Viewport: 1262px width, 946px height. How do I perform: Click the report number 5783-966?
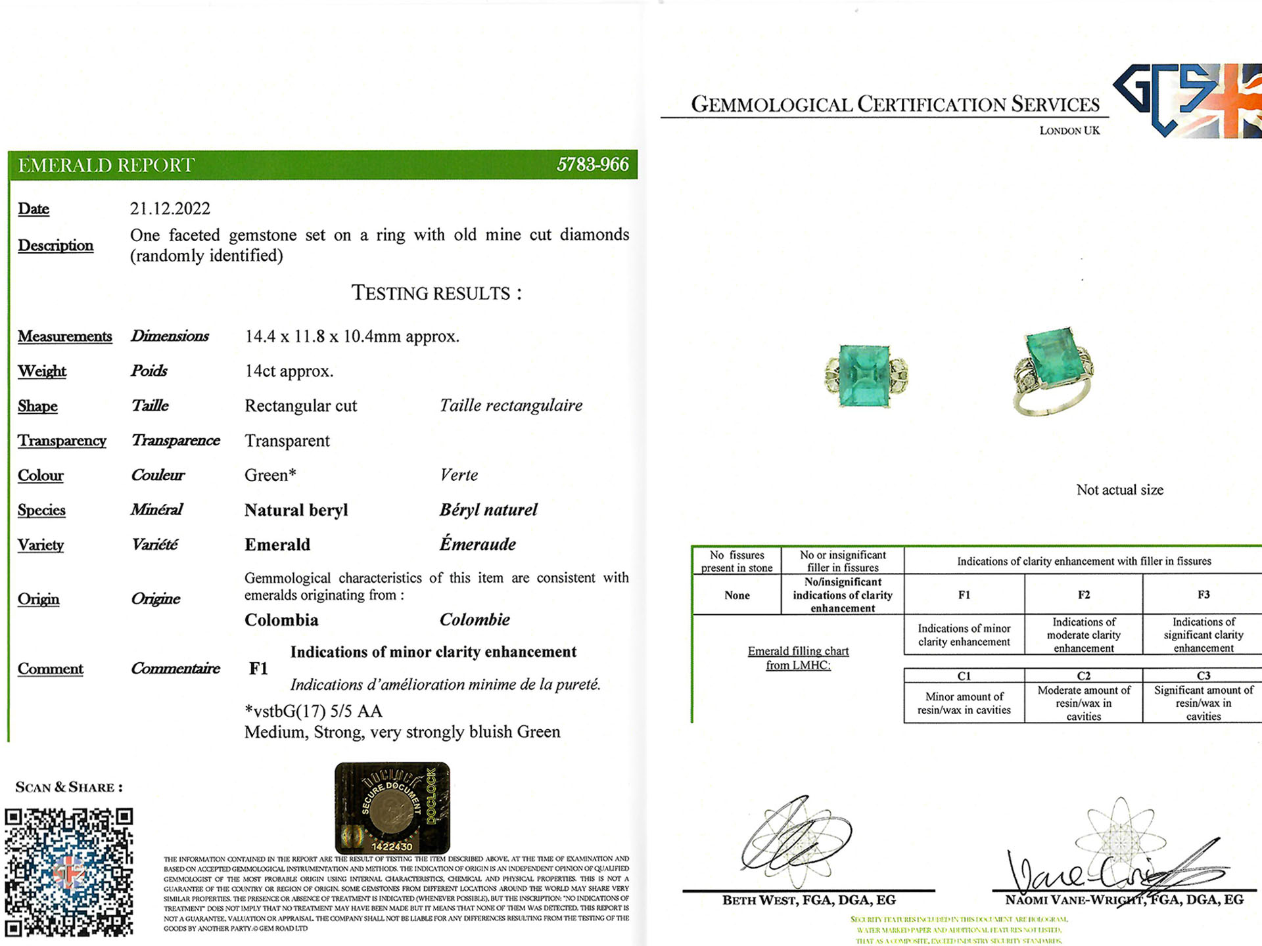(x=592, y=164)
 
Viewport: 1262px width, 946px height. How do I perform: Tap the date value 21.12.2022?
(x=170, y=209)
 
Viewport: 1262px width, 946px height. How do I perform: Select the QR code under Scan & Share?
(x=69, y=872)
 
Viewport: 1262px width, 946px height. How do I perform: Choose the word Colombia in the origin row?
(x=281, y=620)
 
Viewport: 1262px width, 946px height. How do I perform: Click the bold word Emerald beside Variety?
(x=277, y=545)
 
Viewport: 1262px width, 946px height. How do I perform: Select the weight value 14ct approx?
(x=289, y=371)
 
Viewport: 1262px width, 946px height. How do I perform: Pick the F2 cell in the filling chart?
(x=1083, y=595)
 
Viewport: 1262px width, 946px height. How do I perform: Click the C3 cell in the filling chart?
(x=1203, y=675)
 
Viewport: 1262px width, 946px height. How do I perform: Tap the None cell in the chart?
(x=737, y=595)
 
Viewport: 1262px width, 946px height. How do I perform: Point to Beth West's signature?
(x=795, y=841)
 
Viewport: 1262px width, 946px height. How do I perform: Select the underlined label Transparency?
(x=62, y=441)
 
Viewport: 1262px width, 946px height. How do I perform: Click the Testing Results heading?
(x=436, y=293)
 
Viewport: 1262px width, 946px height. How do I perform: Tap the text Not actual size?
(x=1119, y=490)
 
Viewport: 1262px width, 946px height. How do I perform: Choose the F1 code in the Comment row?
(x=258, y=669)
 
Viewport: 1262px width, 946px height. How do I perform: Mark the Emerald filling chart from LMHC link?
(x=798, y=658)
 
